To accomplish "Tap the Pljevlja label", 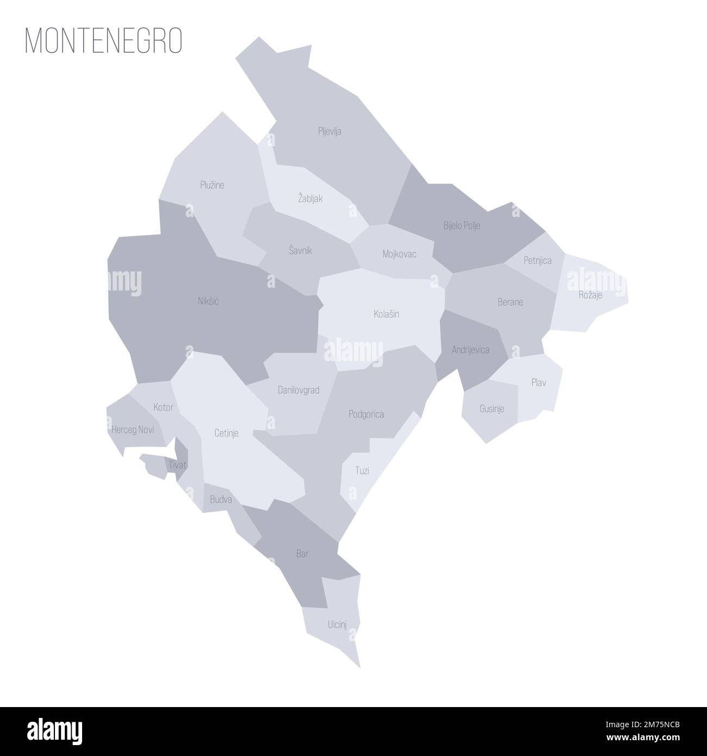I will click(330, 131).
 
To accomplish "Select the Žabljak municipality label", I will click(310, 199).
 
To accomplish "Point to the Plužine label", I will click(212, 185).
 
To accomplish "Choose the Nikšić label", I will click(208, 300).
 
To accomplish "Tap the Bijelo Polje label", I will click(462, 225).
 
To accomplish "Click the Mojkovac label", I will click(399, 253).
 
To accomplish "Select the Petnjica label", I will click(537, 261).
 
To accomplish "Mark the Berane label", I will click(510, 301).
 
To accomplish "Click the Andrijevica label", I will click(470, 350).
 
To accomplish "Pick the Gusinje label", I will click(492, 408).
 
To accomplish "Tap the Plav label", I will click(538, 383).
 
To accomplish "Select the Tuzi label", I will click(362, 470).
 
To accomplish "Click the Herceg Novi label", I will click(132, 430).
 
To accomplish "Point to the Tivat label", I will click(177, 465).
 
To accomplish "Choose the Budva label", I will click(221, 499).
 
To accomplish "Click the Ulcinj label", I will click(337, 625).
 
